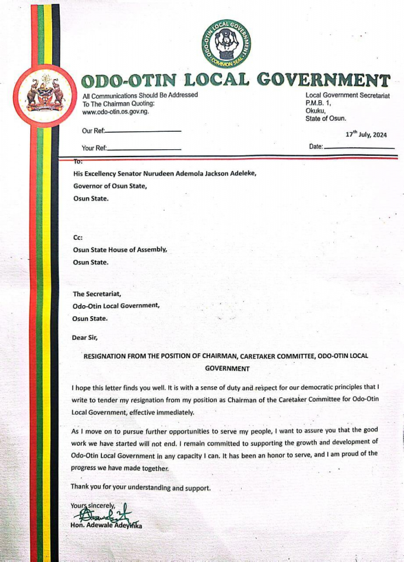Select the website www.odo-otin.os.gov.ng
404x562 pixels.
115,111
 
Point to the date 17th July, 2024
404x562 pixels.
366,135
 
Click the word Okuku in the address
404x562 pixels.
316,110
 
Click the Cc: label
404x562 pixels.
77,237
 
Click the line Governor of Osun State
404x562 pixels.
110,186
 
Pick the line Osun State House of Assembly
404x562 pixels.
120,250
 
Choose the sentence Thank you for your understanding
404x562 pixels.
140,487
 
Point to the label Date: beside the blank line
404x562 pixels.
316,147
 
